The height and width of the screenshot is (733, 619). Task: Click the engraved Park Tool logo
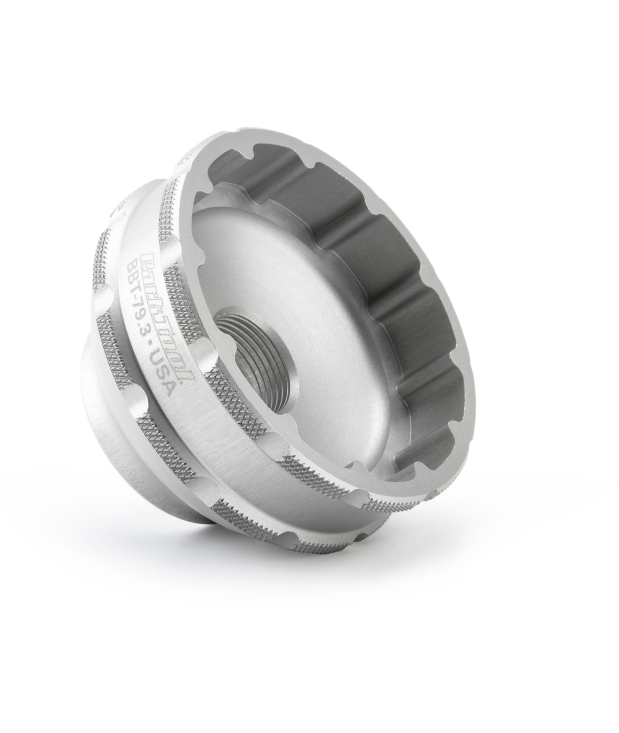[x=166, y=316]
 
